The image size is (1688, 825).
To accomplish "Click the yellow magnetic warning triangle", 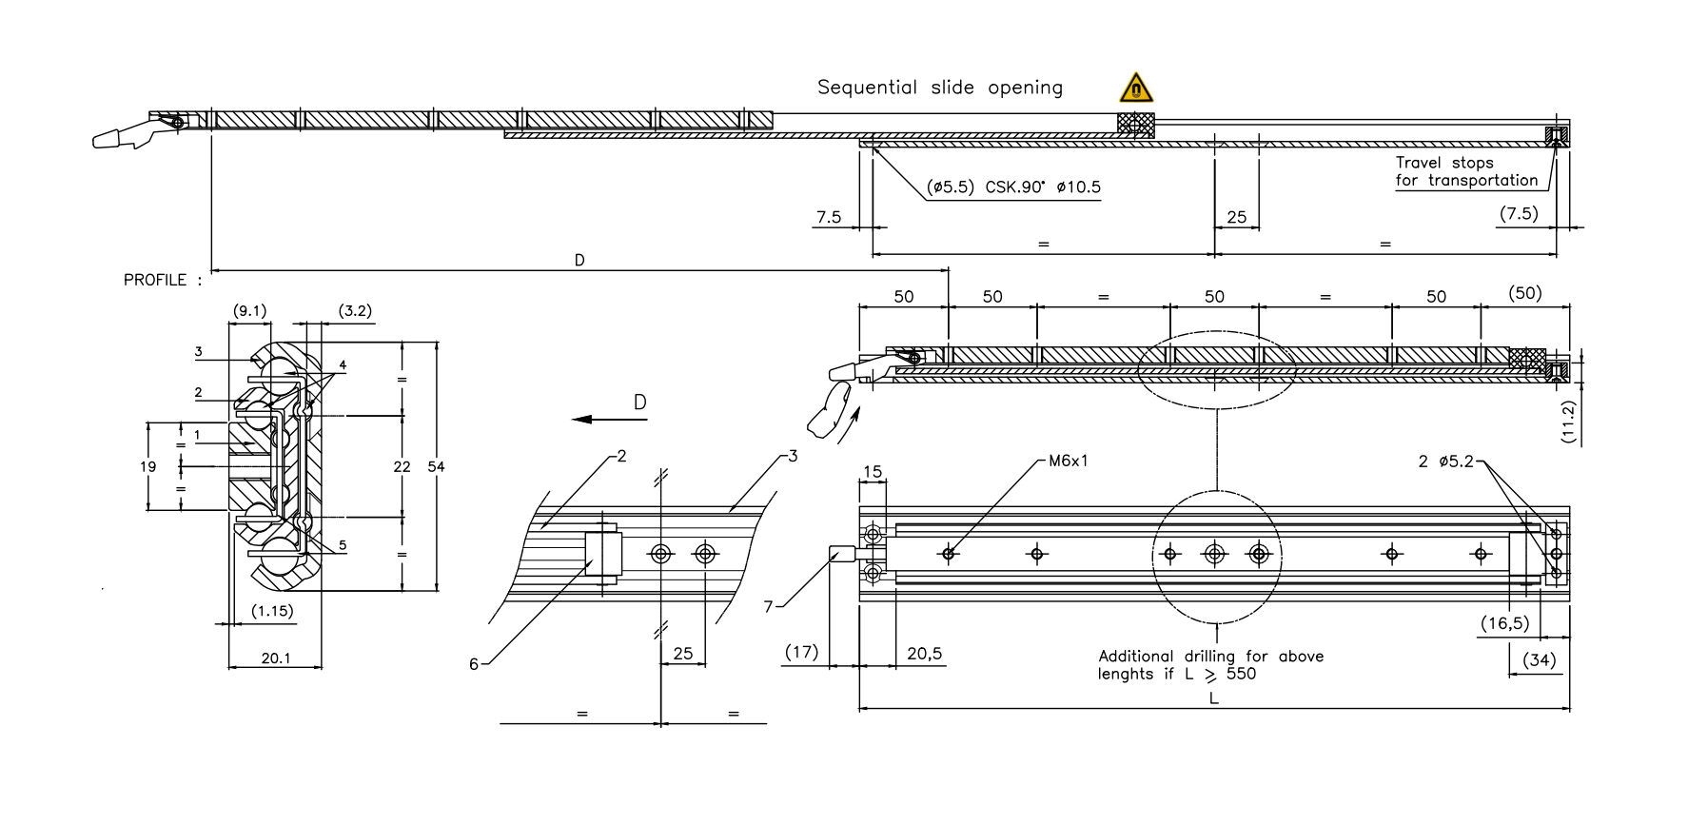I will [x=1135, y=88].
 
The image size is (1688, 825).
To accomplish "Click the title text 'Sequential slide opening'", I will [x=939, y=88].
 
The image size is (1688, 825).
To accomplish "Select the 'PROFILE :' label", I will [x=163, y=281].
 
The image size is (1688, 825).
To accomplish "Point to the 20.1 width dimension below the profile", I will [x=275, y=658].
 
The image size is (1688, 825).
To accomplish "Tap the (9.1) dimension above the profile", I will [x=249, y=310].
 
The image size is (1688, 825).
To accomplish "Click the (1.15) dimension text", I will [x=272, y=611].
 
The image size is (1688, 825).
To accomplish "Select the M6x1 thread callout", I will [x=1068, y=461].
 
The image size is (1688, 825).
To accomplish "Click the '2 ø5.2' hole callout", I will [x=1445, y=462].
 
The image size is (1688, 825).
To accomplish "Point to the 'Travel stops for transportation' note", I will [x=1465, y=171].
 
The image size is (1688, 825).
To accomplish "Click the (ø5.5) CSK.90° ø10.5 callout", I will [x=1013, y=187].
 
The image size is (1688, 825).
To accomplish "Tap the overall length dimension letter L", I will [x=1213, y=698].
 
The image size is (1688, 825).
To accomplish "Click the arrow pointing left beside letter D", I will [x=595, y=419].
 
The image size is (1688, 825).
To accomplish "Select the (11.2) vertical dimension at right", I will [x=1569, y=422].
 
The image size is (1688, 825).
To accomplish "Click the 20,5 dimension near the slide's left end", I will [x=924, y=654].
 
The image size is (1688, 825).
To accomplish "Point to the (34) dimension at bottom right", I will [x=1540, y=659].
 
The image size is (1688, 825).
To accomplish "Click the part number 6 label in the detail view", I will [x=474, y=664].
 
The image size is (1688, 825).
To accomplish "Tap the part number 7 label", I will [x=768, y=606].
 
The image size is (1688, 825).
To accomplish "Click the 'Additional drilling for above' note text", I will [x=1210, y=657].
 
